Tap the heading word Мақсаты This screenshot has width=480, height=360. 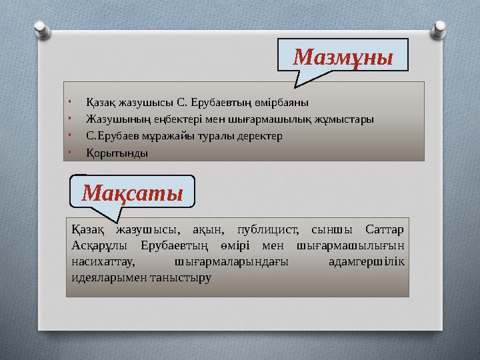click(132, 193)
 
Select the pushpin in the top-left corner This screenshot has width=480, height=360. click(41, 28)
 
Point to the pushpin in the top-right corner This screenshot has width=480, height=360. click(440, 28)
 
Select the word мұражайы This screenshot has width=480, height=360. click(159, 136)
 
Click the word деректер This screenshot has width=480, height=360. click(260, 136)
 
